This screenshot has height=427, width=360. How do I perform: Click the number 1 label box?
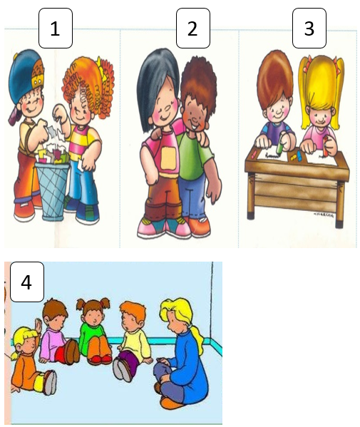tap(56, 28)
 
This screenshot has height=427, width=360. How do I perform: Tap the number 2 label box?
tap(193, 28)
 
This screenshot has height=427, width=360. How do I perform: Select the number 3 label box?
tap(309, 28)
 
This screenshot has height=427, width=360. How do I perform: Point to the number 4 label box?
tap(27, 282)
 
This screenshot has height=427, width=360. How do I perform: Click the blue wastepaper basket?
tap(52, 191)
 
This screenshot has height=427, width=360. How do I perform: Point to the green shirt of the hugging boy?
tap(194, 155)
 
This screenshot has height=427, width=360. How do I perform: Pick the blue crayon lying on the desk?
tap(299, 155)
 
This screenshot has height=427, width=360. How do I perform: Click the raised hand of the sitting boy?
tap(38, 326)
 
